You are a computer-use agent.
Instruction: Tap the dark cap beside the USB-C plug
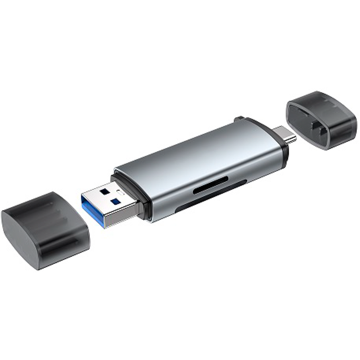pyautogui.click(x=322, y=120)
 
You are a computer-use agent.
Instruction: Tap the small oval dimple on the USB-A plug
pyautogui.click(x=120, y=192)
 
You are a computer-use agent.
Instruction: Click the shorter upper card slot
pyautogui.click(x=210, y=185)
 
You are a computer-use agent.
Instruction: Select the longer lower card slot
pyautogui.click(x=211, y=197)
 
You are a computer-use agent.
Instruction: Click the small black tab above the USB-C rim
pyautogui.click(x=239, y=119)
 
